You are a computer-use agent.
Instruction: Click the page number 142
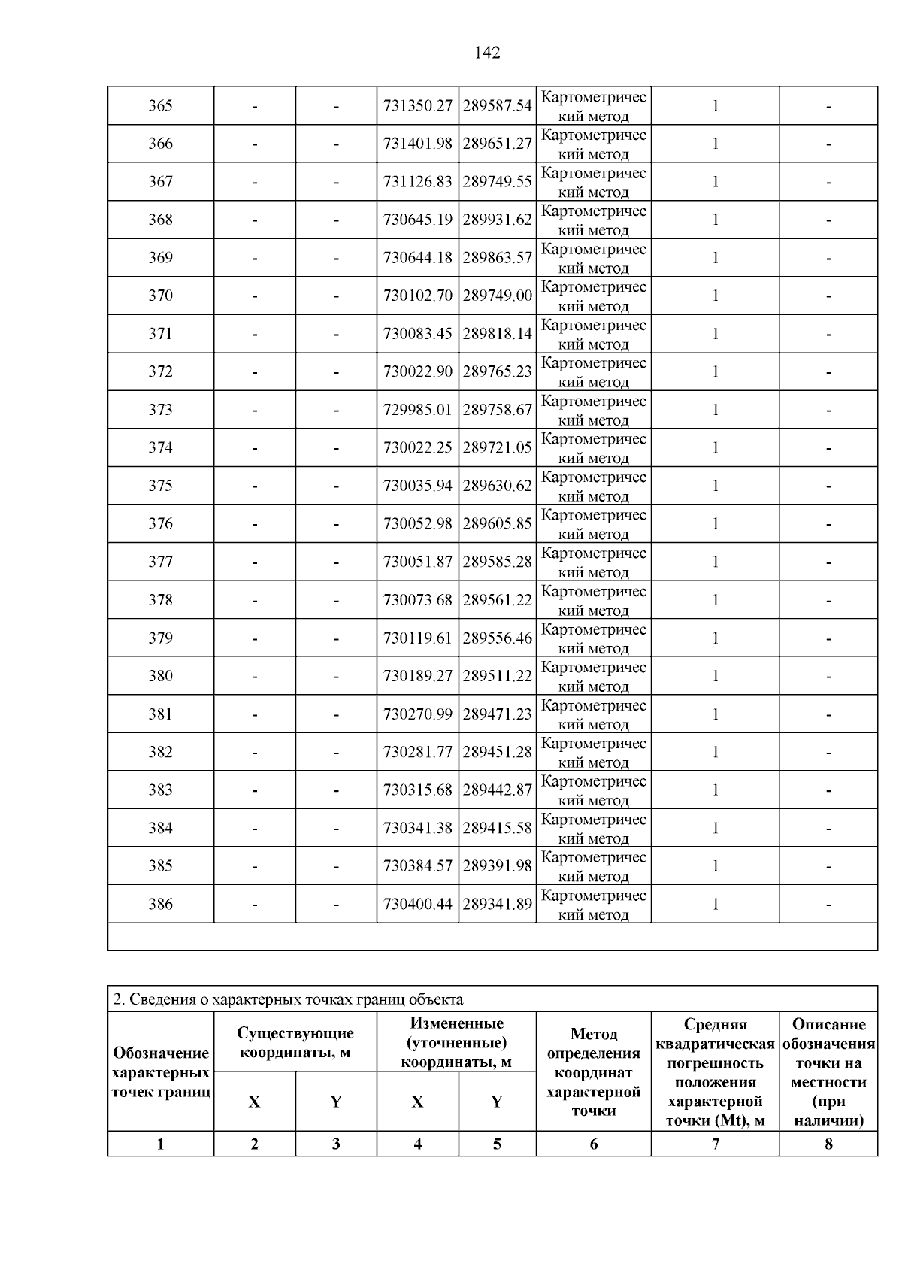(x=487, y=53)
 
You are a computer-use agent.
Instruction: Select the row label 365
(x=160, y=106)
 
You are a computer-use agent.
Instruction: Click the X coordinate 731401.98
(x=417, y=144)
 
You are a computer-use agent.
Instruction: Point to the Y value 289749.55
(x=497, y=182)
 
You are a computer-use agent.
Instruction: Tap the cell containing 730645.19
(x=417, y=220)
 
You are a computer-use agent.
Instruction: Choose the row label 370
(x=160, y=296)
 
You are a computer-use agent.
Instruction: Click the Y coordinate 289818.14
(x=497, y=334)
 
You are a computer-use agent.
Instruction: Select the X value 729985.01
(x=417, y=410)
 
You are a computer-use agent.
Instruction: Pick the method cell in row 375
(x=593, y=486)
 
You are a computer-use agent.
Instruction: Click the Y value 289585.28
(x=497, y=562)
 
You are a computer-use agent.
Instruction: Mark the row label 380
(x=160, y=676)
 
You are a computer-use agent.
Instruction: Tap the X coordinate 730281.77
(x=417, y=752)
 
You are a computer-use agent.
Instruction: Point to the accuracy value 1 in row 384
(x=715, y=828)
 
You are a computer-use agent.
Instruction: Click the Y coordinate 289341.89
(x=497, y=904)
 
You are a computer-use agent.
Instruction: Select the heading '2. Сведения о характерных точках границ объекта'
(x=288, y=999)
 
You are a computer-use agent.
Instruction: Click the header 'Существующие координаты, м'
(x=295, y=1043)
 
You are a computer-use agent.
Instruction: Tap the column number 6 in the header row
(x=593, y=1144)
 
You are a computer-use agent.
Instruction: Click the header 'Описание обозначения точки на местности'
(x=828, y=1072)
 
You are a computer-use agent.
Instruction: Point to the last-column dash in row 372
(x=828, y=372)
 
